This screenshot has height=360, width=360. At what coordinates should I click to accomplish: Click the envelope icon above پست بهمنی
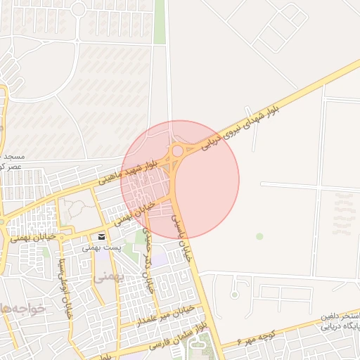point(103,236)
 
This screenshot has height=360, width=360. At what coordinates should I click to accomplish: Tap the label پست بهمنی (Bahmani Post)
point(103,247)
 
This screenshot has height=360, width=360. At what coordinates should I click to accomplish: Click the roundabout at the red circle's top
point(178,150)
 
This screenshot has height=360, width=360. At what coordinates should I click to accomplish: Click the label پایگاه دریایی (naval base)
point(340,327)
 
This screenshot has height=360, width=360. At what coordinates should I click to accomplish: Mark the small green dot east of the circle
point(259,236)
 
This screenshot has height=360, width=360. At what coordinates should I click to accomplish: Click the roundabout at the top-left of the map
point(78,9)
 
